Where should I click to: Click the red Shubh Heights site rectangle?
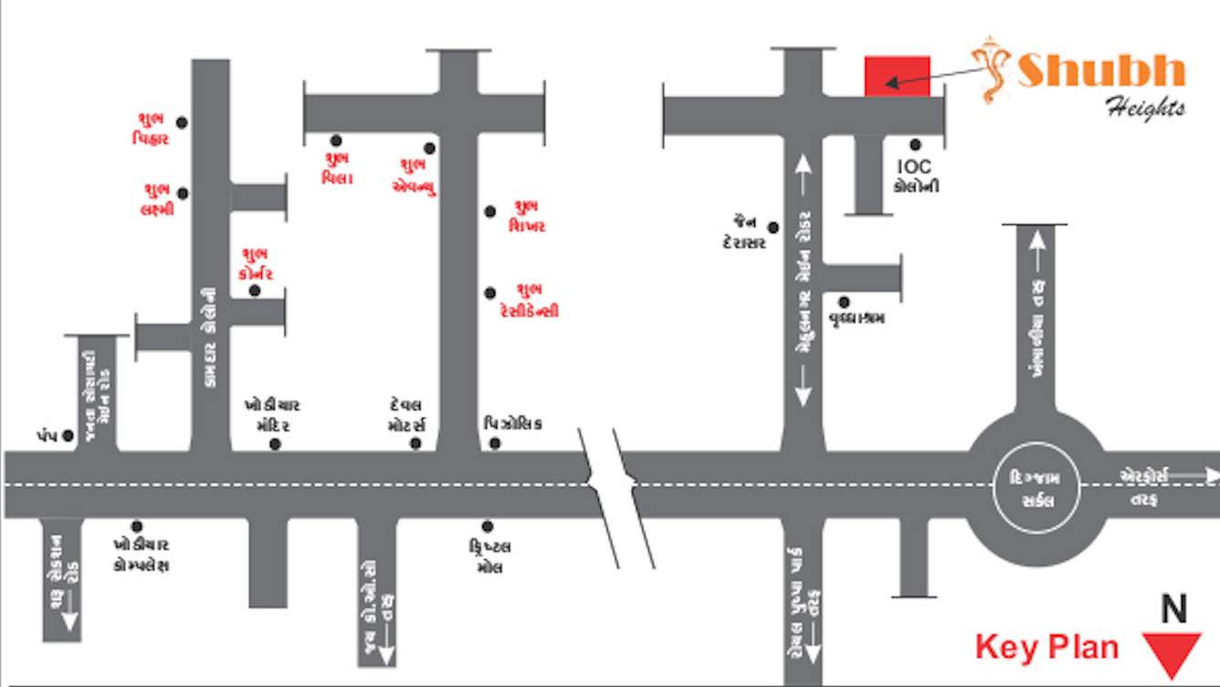[897, 76]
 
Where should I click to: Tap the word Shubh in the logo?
[1100, 70]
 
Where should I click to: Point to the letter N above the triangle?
[1173, 609]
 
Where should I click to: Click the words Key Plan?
[1046, 647]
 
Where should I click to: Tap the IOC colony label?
[915, 176]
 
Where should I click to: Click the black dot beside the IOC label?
[915, 144]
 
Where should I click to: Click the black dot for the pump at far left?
[68, 437]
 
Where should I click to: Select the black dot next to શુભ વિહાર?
[182, 122]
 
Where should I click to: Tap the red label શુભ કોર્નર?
[255, 263]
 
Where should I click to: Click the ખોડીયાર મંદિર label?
[272, 415]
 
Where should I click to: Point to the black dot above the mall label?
[488, 526]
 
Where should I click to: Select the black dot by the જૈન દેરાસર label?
[773, 227]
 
